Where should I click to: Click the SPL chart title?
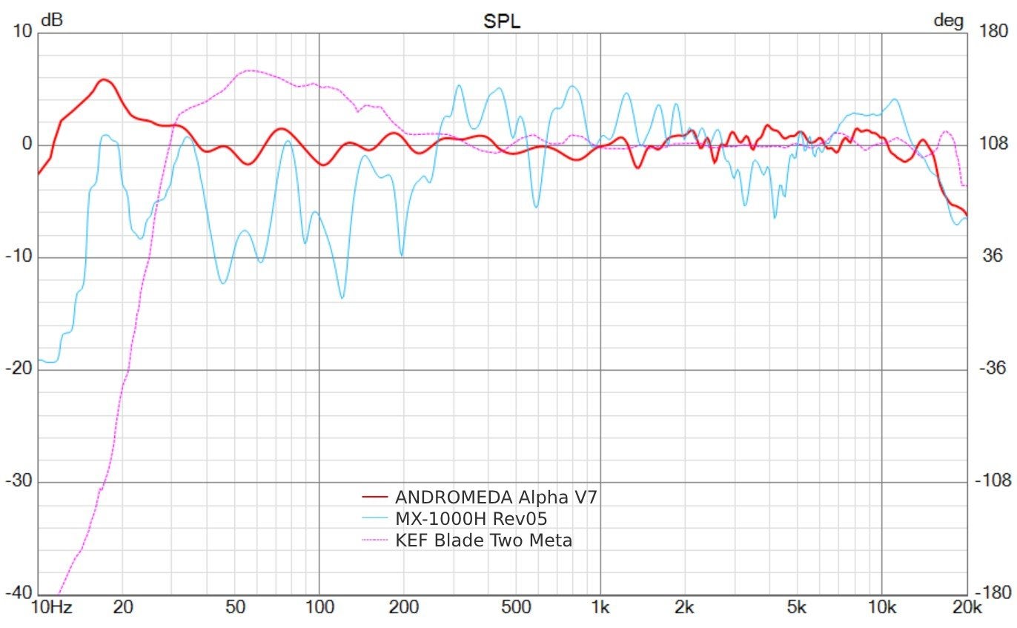coord(502,22)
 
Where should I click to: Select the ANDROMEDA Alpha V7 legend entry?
coord(496,497)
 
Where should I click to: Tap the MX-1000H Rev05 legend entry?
coord(471,518)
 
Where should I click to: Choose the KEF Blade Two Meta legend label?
coord(483,541)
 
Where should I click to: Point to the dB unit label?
coord(51,20)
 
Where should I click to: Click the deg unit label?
coord(948,20)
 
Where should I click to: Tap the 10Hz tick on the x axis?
coord(51,609)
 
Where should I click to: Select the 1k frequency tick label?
coord(600,609)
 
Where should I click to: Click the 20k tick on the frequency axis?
coord(965,609)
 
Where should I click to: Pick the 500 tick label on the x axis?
coord(516,609)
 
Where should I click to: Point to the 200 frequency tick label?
coord(403,609)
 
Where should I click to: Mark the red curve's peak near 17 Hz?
coord(104,79)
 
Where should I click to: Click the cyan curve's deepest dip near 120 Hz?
coord(342,298)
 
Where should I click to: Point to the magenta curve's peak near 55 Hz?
coord(249,70)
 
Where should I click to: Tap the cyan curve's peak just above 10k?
coord(895,99)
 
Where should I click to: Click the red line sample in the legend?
coord(374,497)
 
